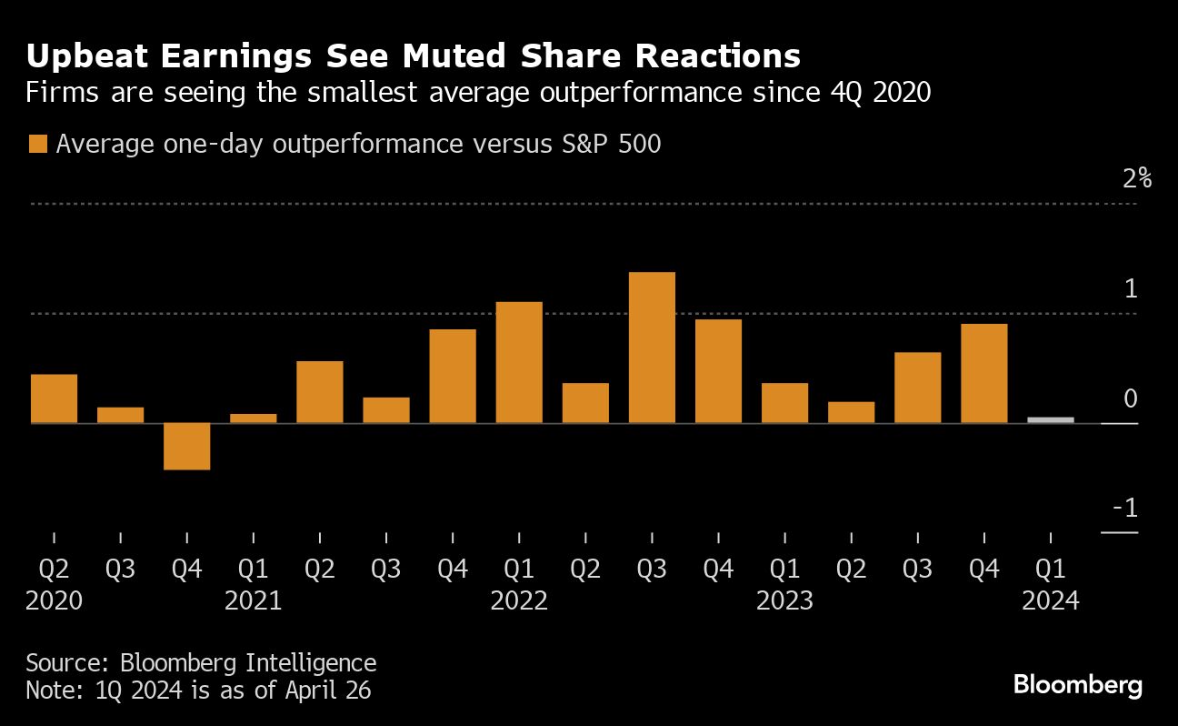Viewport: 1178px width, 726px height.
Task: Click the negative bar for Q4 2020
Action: coord(187,446)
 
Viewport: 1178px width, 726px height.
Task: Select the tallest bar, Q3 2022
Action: coord(652,348)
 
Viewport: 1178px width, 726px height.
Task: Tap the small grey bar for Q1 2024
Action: coord(1050,419)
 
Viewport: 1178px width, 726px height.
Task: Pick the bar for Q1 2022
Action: coord(519,362)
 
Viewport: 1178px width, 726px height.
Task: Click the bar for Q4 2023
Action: coord(983,373)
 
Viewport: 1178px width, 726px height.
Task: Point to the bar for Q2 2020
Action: coord(55,398)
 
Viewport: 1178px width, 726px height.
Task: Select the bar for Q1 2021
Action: coord(254,418)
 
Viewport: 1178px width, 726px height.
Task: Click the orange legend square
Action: coord(37,145)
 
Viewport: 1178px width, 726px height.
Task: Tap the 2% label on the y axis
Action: coord(1136,178)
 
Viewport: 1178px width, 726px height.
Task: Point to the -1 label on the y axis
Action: coord(1125,508)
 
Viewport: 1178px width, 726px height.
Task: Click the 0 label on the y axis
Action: coord(1131,398)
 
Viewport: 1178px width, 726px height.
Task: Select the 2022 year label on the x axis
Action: coord(519,601)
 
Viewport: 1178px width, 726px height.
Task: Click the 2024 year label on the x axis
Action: coord(1050,601)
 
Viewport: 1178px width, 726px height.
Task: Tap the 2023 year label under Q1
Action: coord(784,601)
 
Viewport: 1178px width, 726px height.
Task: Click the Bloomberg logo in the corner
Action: coord(1077,685)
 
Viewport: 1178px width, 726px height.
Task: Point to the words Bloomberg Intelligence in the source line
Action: coord(247,662)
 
